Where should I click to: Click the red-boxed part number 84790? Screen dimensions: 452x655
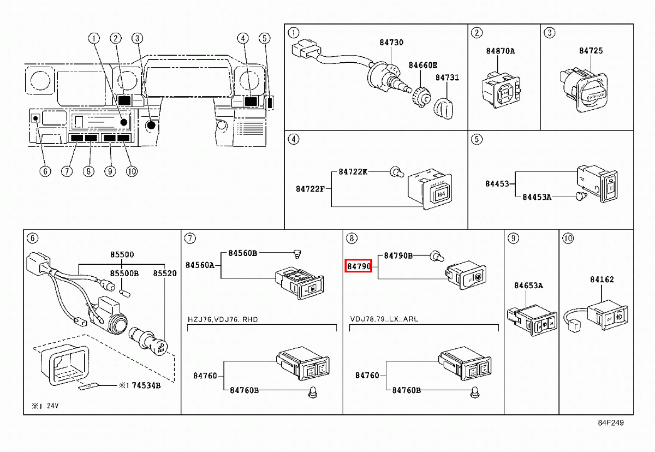pyautogui.click(x=359, y=267)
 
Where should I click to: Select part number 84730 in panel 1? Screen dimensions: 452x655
pyautogui.click(x=391, y=42)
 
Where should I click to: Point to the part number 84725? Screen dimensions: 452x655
pyautogui.click(x=591, y=51)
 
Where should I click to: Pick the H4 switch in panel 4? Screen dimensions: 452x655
pyautogui.click(x=438, y=194)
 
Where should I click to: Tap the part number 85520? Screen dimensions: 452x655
pyautogui.click(x=164, y=273)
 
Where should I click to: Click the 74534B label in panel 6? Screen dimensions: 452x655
pyautogui.click(x=147, y=385)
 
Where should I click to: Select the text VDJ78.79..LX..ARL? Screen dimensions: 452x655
pyautogui.click(x=384, y=319)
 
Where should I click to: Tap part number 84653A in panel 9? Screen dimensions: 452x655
pyautogui.click(x=528, y=285)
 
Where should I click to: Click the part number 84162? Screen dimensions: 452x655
pyautogui.click(x=602, y=279)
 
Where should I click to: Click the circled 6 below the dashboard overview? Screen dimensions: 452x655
pyautogui.click(x=45, y=171)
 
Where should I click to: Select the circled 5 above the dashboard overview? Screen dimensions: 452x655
pyautogui.click(x=264, y=38)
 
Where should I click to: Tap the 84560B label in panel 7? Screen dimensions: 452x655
pyautogui.click(x=242, y=253)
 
